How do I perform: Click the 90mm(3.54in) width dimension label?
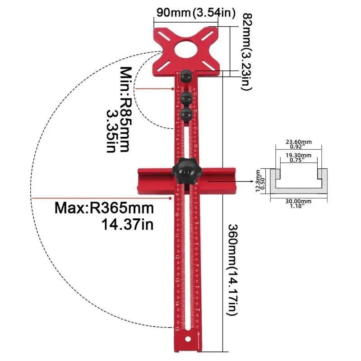point(194,13)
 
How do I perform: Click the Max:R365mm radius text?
point(104,208)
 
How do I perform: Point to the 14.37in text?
point(128,224)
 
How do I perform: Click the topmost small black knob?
point(185,77)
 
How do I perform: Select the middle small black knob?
point(185,97)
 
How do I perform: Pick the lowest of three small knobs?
point(185,114)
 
